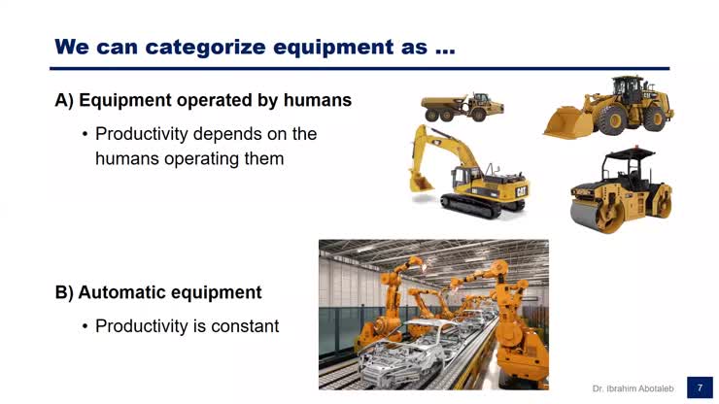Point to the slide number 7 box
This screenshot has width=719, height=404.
click(x=700, y=387)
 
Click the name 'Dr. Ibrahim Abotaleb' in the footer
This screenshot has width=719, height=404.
click(x=633, y=388)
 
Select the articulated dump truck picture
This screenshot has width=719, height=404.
click(x=462, y=107)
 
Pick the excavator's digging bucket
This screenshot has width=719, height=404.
click(x=421, y=181)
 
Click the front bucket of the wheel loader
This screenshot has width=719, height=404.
click(x=565, y=124)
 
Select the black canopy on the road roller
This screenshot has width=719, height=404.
click(x=629, y=154)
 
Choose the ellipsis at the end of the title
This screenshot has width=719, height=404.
click(x=444, y=47)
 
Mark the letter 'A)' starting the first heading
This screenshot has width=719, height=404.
click(x=65, y=100)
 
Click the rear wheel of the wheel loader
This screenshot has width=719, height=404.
click(x=656, y=117)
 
